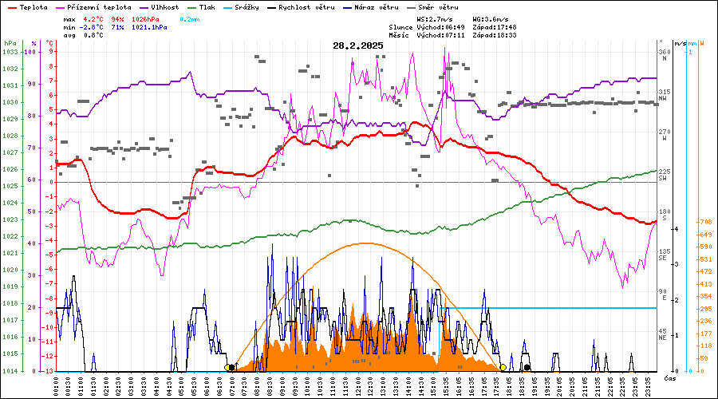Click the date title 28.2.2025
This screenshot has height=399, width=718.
(358, 46)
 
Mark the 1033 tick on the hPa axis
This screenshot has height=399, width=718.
(10, 52)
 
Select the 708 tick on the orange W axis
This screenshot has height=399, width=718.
(705, 222)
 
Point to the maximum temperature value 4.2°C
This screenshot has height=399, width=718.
(93, 18)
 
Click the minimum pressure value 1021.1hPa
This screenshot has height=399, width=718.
(151, 27)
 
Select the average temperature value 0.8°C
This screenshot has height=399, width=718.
(93, 35)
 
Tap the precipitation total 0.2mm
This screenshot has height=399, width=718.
(190, 18)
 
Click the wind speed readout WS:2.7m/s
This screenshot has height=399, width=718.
(436, 18)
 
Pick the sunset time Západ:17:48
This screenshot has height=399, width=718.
(494, 27)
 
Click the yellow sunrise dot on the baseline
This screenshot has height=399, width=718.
(227, 367)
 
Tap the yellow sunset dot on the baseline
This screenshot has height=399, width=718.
(503, 367)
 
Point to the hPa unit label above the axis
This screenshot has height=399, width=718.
(10, 43)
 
